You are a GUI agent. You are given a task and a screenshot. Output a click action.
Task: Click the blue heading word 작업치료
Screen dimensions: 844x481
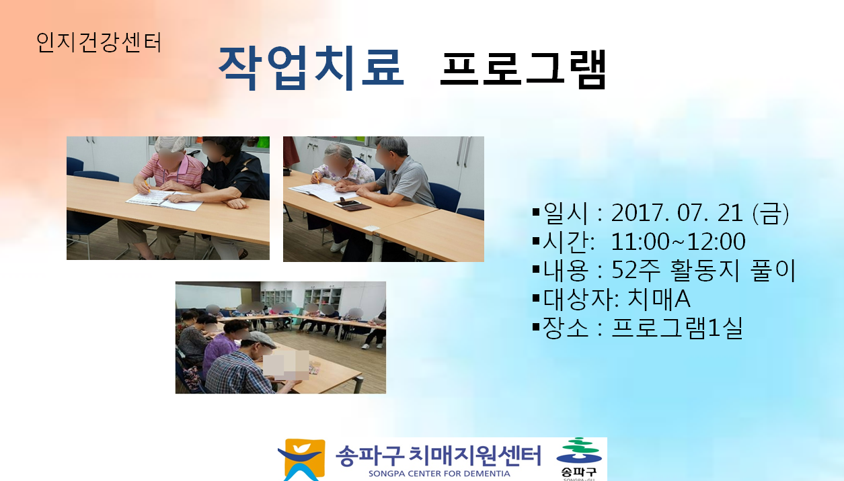tap(311, 68)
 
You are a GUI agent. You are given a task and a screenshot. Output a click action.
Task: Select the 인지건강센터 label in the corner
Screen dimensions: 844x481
tap(99, 42)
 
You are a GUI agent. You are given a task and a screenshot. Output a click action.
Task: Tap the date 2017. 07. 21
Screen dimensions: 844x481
tap(677, 213)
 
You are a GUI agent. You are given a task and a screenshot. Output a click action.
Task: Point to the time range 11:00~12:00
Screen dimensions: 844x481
tap(678, 242)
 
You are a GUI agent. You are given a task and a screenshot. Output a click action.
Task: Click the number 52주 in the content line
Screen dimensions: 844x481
tap(636, 270)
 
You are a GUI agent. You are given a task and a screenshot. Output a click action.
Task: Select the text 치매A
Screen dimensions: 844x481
tap(658, 300)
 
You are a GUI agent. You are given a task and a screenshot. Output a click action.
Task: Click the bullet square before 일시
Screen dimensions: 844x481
tap(536, 212)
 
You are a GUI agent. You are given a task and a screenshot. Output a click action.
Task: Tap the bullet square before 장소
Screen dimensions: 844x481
tap(536, 326)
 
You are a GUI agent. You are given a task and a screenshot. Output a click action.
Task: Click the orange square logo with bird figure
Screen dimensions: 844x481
tap(301, 460)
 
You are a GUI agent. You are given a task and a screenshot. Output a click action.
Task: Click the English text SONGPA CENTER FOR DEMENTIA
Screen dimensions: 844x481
tap(439, 474)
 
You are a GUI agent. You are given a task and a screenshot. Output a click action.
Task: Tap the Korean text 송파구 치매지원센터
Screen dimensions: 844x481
tap(438, 455)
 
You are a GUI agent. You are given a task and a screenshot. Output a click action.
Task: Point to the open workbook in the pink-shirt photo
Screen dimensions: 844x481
tap(164, 200)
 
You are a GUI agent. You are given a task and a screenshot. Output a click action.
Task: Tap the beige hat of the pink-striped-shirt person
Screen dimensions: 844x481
tap(170, 143)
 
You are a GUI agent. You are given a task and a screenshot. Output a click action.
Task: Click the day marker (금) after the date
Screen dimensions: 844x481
tap(770, 213)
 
